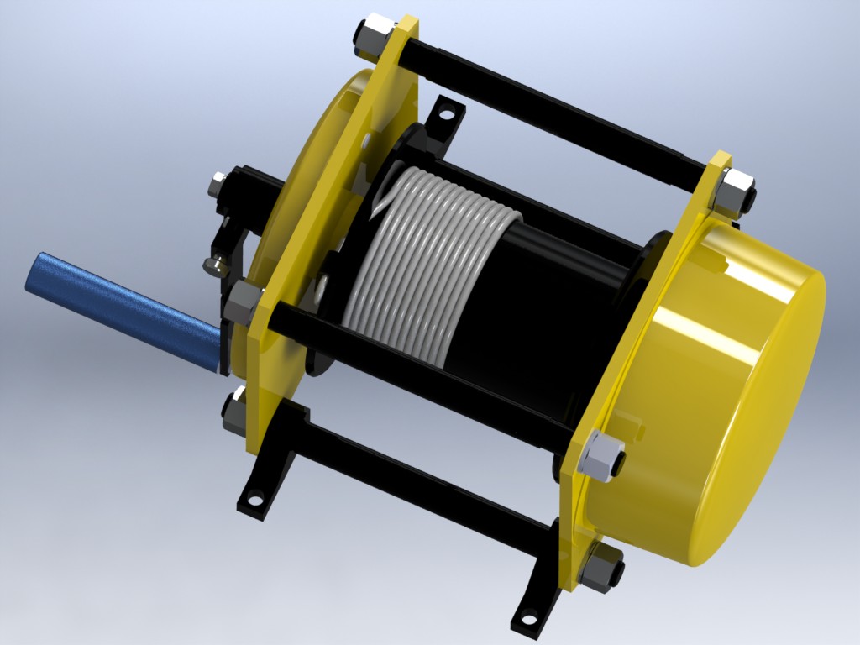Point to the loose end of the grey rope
tap(383, 202)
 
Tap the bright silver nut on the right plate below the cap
tap(602, 458)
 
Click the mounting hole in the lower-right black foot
tap(529, 620)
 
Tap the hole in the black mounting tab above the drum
tap(448, 111)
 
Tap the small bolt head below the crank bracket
tap(215, 265)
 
